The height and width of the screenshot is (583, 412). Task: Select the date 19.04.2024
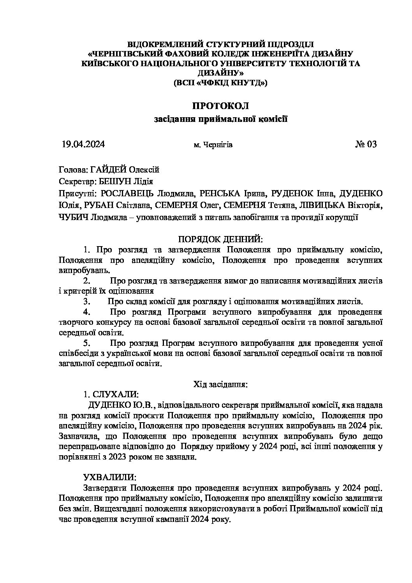tap(83, 144)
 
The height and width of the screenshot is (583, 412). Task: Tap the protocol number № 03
tap(366, 144)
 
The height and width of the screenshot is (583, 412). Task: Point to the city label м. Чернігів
tap(213, 145)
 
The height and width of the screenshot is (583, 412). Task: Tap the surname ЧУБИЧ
tap(73, 218)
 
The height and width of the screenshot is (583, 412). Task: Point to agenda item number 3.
tap(87, 301)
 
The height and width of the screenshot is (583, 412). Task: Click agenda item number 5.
tap(87, 343)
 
